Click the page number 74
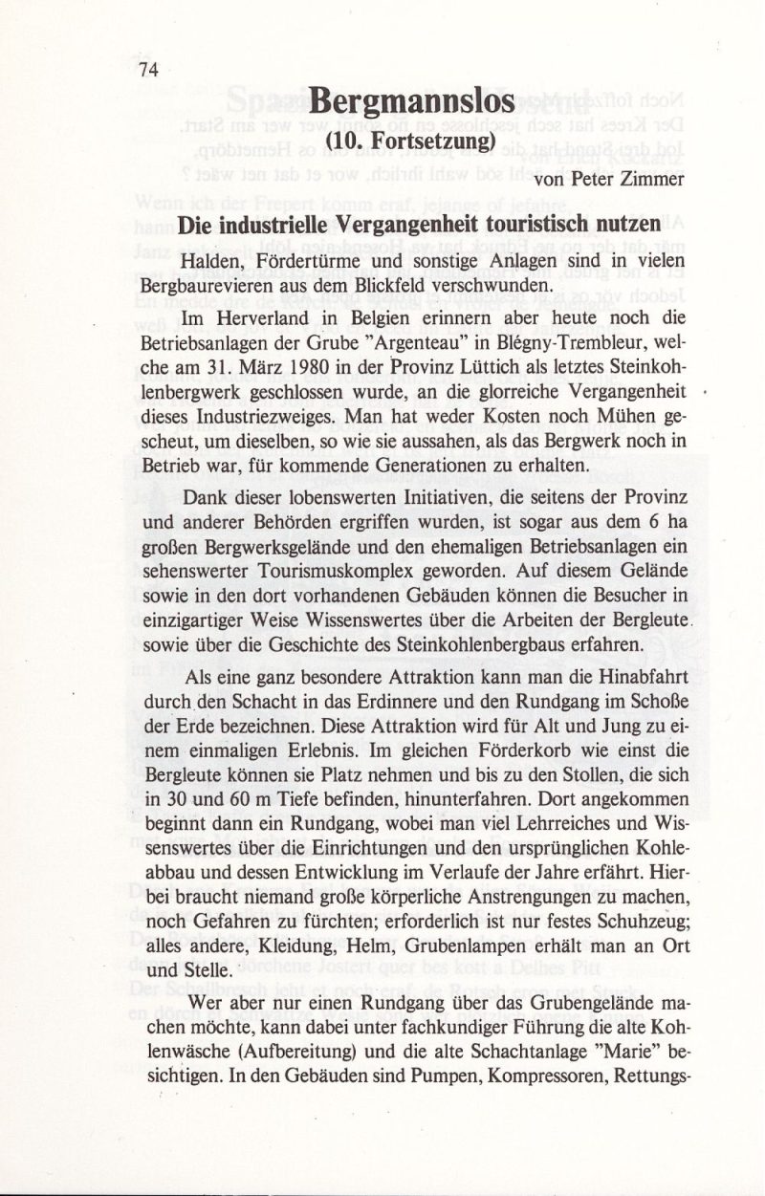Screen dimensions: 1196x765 pyautogui.click(x=147, y=69)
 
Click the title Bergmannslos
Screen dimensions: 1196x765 pyautogui.click(x=412, y=103)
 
